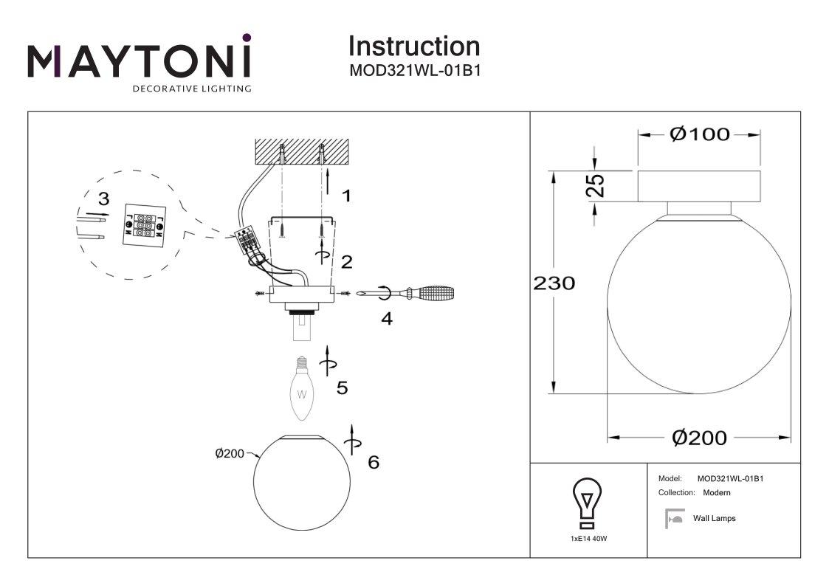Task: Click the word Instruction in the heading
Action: [x=413, y=46]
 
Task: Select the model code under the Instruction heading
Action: [x=414, y=72]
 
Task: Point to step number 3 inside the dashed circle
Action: [x=103, y=199]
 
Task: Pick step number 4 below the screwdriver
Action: [x=386, y=319]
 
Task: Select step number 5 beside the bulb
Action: [x=342, y=387]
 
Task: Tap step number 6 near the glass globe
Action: [x=374, y=462]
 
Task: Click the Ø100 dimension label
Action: [x=698, y=134]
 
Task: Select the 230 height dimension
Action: [x=554, y=283]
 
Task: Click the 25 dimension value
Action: [x=599, y=185]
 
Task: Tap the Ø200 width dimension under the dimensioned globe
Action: [x=698, y=438]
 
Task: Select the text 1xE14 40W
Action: [x=588, y=539]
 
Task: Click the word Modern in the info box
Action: [x=716, y=492]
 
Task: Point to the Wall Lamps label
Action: [x=714, y=519]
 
